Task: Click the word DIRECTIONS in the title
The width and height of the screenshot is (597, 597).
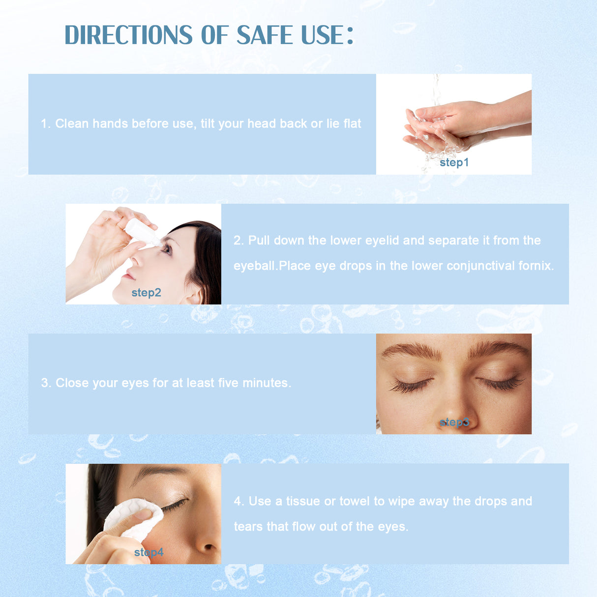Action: coord(129,35)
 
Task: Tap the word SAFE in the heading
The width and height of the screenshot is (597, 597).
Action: coord(265,35)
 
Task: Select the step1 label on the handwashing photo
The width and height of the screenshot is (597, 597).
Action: coord(454,162)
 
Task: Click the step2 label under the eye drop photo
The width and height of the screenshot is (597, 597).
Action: coord(146,293)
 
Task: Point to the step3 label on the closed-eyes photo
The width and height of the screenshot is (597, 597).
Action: coord(454,422)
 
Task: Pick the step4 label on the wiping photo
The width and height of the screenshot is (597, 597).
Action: coord(149,552)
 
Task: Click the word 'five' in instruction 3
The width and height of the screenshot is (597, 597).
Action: coord(228,383)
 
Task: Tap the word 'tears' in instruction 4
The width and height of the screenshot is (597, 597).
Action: coord(248,527)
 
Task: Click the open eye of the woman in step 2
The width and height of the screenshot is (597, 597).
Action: coord(167,249)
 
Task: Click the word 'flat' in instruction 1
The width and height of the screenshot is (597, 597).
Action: coord(352,123)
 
